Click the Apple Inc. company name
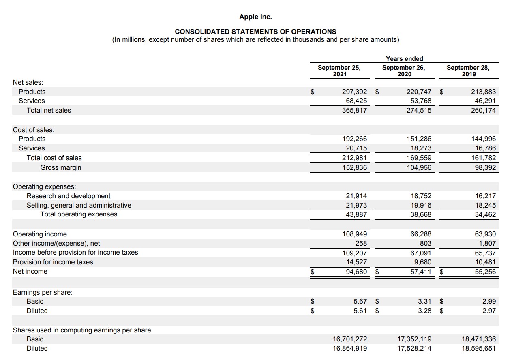click(x=255, y=17)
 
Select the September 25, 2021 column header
click(x=339, y=71)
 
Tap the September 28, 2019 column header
click(x=468, y=71)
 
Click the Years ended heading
click(x=404, y=59)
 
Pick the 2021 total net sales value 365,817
click(x=355, y=110)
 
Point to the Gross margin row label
click(x=61, y=167)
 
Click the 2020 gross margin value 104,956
click(x=420, y=167)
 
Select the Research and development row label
click(x=69, y=196)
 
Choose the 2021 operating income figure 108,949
click(x=355, y=234)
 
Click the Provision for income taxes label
click(x=53, y=262)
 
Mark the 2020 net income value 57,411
click(x=421, y=271)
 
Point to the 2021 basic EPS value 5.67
click(x=360, y=301)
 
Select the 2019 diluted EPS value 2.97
click(x=489, y=311)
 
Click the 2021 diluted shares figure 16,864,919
click(x=350, y=348)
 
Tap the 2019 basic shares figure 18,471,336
click(x=479, y=339)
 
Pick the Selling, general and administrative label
click(x=79, y=205)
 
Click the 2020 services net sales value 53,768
click(x=421, y=101)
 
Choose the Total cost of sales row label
click(x=54, y=158)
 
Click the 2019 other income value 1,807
click(x=487, y=243)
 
